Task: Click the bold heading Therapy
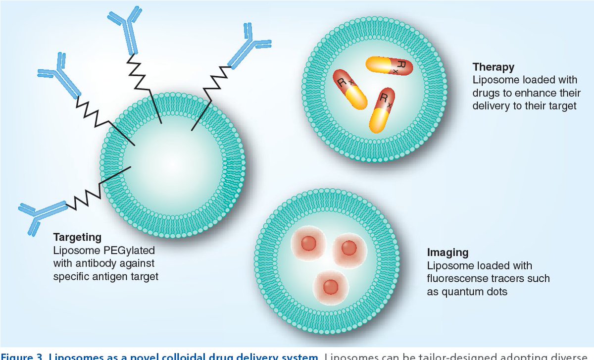[494, 67]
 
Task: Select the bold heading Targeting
[77, 237]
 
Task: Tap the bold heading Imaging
[447, 253]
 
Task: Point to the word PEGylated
[128, 250]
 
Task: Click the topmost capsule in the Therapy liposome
[389, 66]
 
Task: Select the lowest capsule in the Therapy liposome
[382, 110]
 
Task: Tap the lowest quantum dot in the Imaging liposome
[330, 286]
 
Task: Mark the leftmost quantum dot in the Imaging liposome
[309, 244]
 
